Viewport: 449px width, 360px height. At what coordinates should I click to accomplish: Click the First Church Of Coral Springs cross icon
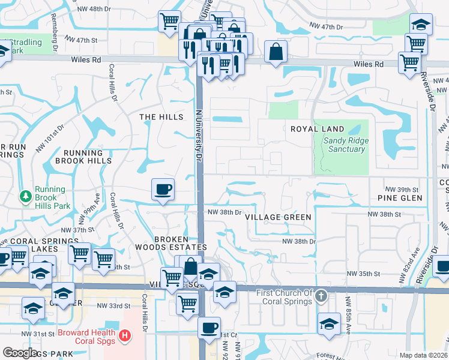[322, 296]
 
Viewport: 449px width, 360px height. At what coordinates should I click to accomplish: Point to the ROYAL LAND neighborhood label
[318, 129]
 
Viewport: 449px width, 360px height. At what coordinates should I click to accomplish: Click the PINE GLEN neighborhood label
[400, 198]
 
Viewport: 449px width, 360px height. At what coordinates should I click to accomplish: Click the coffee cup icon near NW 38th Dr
[163, 190]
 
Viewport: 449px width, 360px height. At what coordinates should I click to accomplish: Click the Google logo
[20, 353]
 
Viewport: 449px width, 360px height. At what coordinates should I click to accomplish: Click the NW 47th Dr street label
[327, 28]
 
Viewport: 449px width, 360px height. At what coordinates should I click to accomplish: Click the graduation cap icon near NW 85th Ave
[329, 324]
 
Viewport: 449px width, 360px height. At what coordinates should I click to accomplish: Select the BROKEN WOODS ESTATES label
[181, 243]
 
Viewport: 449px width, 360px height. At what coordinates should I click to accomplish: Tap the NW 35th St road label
[364, 274]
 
